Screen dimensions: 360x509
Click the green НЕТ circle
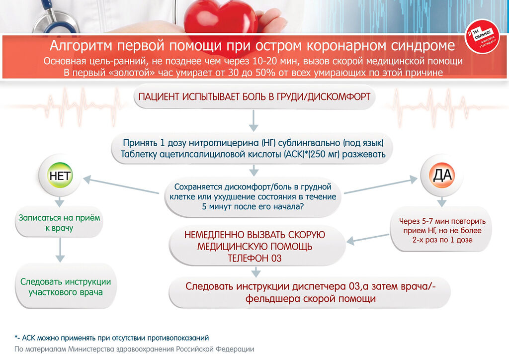pos(60,177)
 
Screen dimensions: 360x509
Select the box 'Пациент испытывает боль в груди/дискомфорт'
pos(254,97)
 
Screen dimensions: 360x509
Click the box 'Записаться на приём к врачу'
pos(59,223)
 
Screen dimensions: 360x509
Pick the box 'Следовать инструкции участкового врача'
pos(66,287)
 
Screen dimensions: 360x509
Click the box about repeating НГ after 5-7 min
pos(442,230)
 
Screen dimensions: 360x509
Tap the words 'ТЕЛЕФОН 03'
pos(254,259)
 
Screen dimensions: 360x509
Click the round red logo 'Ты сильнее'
pos(482,40)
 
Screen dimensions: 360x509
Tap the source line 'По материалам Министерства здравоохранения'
pos(134,349)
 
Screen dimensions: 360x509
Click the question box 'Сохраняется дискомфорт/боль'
pos(254,196)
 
